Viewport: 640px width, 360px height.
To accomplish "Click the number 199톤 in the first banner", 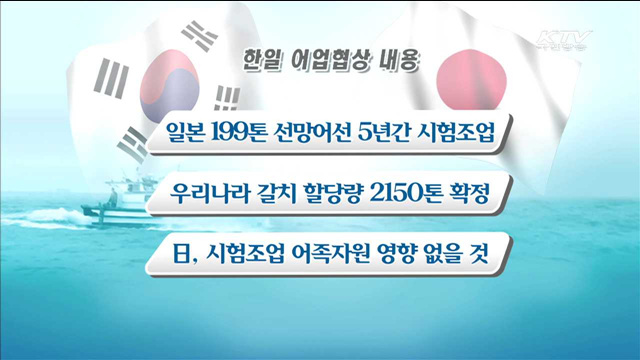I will [x=237, y=133].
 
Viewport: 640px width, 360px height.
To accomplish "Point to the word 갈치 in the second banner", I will [x=266, y=193].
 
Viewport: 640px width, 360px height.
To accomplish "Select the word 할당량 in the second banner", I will [x=324, y=193].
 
